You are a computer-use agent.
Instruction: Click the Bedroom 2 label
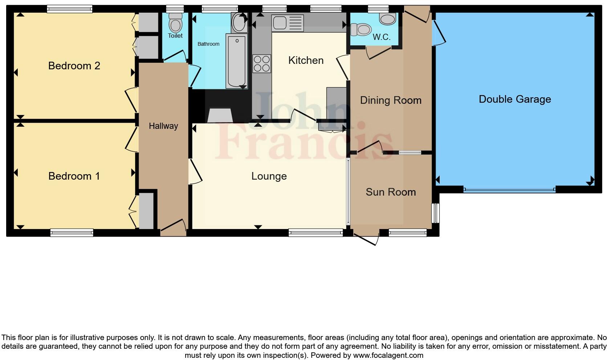(74, 66)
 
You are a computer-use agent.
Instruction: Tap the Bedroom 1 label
(74, 176)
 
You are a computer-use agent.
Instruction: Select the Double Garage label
(514, 99)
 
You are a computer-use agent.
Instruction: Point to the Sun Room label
(391, 192)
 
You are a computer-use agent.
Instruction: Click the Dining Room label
(391, 100)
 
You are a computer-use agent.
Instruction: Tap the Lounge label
(269, 176)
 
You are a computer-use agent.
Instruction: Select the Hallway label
(163, 126)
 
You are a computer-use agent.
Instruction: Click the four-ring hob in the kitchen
(262, 64)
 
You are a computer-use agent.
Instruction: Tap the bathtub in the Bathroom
(236, 61)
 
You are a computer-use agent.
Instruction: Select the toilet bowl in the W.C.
(361, 29)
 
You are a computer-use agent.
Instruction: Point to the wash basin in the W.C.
(388, 19)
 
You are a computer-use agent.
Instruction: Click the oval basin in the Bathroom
(239, 22)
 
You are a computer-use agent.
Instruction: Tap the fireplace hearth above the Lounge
(220, 115)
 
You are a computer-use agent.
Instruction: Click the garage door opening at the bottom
(509, 189)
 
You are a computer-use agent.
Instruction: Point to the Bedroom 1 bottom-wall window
(72, 233)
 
